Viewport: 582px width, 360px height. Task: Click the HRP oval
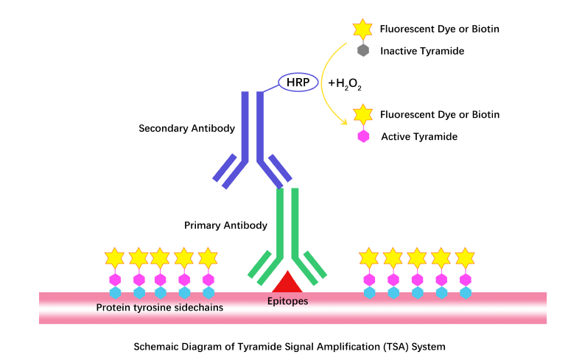302,82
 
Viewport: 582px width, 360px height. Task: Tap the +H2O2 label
344,84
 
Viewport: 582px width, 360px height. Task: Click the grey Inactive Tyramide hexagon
362,51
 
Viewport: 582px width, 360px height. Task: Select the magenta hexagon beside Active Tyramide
362,136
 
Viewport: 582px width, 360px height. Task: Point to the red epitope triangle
285,283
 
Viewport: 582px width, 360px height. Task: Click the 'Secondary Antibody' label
187,128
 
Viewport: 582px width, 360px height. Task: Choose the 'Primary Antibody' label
225,225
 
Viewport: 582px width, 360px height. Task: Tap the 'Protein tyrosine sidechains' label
160,307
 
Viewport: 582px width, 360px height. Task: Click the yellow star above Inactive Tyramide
362,29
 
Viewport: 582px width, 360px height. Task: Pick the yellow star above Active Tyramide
362,114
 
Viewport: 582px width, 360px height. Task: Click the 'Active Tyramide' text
419,136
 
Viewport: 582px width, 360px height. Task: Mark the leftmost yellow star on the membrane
115,258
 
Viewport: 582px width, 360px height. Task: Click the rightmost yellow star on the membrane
465,258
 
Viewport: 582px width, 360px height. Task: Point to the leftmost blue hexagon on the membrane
115,292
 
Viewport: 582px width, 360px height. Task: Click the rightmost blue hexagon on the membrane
465,292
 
